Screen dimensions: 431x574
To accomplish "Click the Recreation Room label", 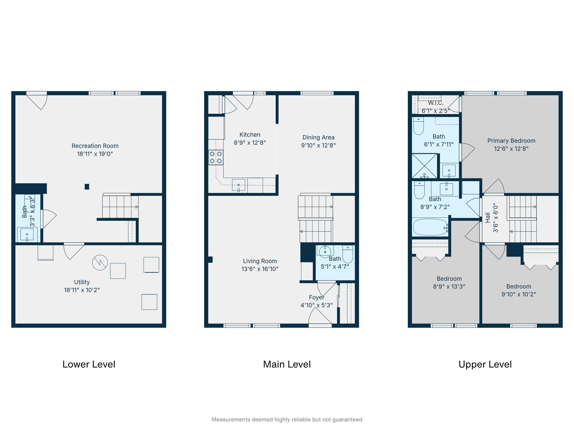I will pyautogui.click(x=95, y=146).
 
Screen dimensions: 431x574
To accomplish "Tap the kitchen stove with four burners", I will pyautogui.click(x=216, y=157).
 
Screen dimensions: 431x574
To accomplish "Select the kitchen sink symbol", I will pyautogui.click(x=239, y=185).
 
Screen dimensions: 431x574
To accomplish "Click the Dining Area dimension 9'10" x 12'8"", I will pyautogui.click(x=318, y=145).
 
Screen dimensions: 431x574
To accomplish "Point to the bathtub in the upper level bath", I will pyautogui.click(x=430, y=227).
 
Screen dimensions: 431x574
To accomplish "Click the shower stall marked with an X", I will pyautogui.click(x=425, y=166).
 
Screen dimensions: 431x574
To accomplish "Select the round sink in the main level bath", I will pyautogui.click(x=325, y=251).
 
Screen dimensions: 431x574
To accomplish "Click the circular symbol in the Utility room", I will pyautogui.click(x=100, y=263).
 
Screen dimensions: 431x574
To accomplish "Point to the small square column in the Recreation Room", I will pyautogui.click(x=87, y=186).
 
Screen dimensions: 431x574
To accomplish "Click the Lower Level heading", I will pyautogui.click(x=89, y=364).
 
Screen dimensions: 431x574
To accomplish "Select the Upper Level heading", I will pyautogui.click(x=485, y=364).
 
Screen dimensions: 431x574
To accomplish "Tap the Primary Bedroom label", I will pyautogui.click(x=511, y=140).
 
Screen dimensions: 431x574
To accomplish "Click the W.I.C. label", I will pyautogui.click(x=436, y=103).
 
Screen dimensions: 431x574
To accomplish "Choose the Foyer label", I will pyautogui.click(x=316, y=297).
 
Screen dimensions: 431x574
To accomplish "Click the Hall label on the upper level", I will pyautogui.click(x=488, y=217).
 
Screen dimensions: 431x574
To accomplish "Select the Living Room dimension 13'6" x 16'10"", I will pyautogui.click(x=260, y=269).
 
